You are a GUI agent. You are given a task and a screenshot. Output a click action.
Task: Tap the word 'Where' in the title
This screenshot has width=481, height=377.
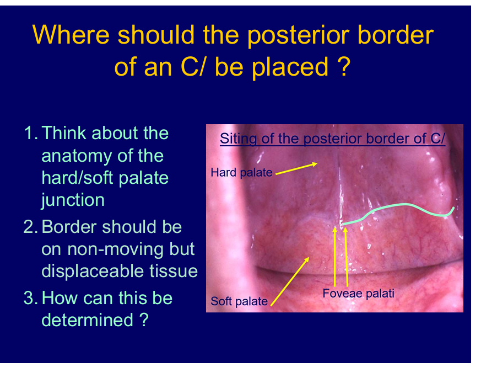(x=71, y=34)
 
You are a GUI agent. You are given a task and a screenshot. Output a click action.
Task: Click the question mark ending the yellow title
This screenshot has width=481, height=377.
(x=344, y=67)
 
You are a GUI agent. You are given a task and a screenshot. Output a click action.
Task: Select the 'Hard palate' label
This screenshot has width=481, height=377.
(x=241, y=172)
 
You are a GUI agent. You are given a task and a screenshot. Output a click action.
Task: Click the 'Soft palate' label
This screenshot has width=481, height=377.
(x=239, y=301)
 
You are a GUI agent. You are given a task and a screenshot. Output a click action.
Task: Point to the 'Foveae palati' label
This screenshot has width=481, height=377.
(x=358, y=294)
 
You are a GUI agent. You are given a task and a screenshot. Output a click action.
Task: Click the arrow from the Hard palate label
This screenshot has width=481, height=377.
(x=296, y=169)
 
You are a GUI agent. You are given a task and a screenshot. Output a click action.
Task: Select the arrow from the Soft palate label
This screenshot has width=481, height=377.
(x=290, y=282)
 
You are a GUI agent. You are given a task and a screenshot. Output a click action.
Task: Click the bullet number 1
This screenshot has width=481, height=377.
(x=31, y=133)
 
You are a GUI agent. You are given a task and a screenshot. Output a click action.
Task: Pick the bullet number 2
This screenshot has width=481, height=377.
(x=30, y=227)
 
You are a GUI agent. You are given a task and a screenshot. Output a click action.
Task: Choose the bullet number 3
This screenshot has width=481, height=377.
(x=30, y=298)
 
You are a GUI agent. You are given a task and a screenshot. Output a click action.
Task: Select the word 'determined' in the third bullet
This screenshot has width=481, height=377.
(x=88, y=320)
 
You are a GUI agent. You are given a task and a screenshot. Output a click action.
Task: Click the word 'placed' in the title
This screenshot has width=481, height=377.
(x=290, y=67)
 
